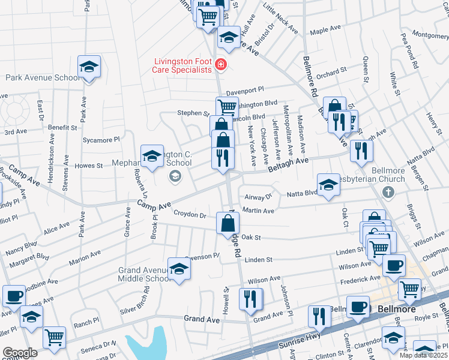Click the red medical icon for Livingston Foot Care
coord(221,64)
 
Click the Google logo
coord(19,353)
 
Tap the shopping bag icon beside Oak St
coord(229,223)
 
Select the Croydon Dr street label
coord(190,214)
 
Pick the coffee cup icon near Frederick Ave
coord(394,265)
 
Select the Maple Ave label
coord(325,31)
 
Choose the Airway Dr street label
coord(259,196)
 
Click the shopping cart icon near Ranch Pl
coord(54,337)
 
